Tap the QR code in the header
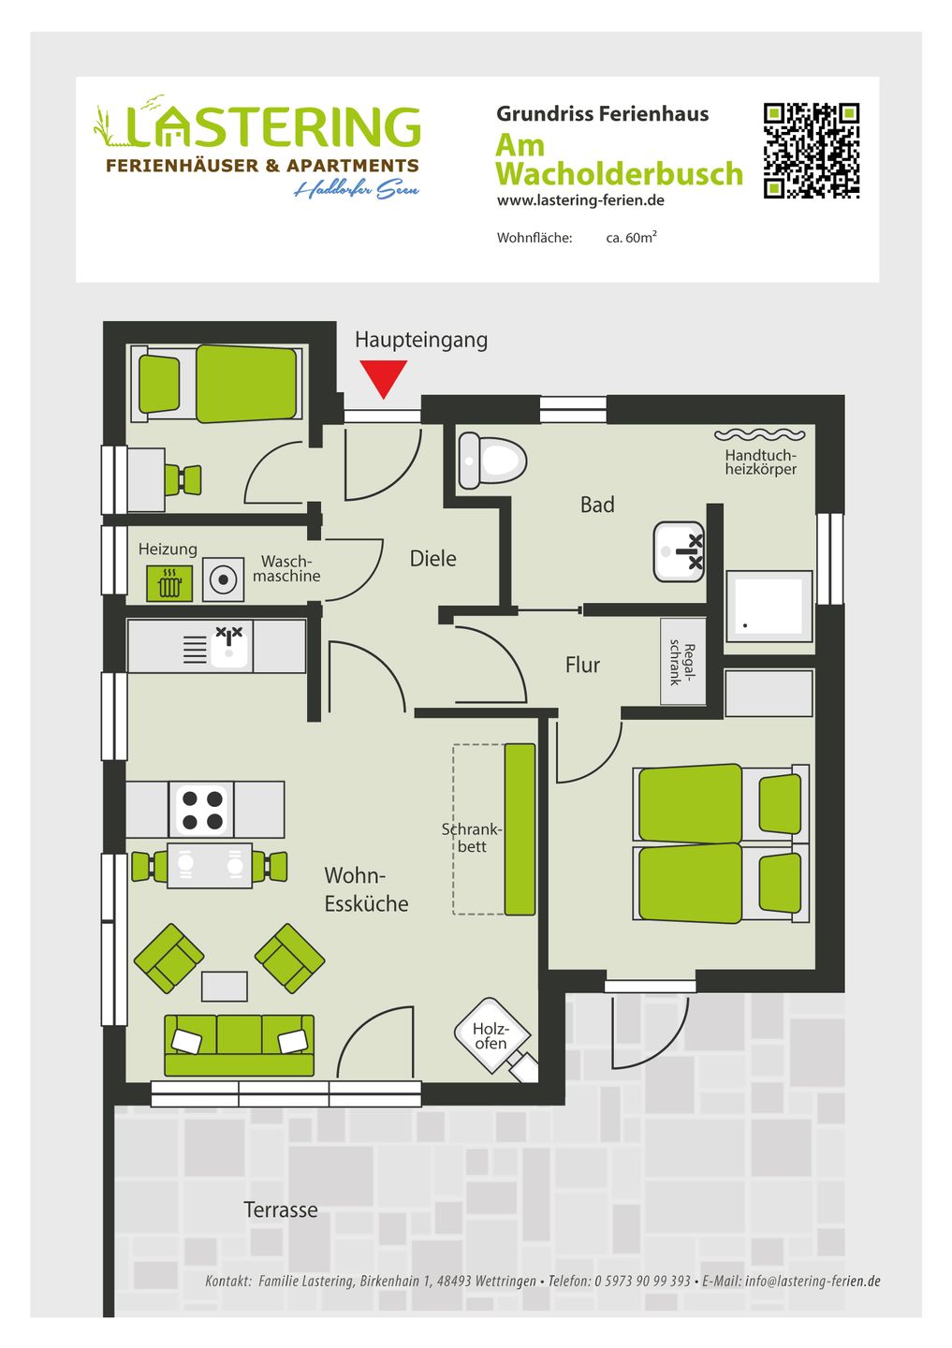click(x=812, y=151)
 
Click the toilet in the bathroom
click(x=491, y=462)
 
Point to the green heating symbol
click(x=169, y=583)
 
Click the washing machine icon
click(x=223, y=579)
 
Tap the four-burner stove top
click(x=201, y=810)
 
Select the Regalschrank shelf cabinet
click(x=683, y=661)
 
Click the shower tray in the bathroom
click(x=769, y=606)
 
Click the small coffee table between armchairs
click(x=224, y=987)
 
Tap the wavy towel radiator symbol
click(x=759, y=434)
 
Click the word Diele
click(x=432, y=559)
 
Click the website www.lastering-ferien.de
click(x=580, y=200)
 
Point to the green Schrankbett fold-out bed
click(x=520, y=829)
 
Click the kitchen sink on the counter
click(x=228, y=646)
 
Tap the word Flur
click(x=582, y=665)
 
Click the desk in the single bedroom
click(x=146, y=479)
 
